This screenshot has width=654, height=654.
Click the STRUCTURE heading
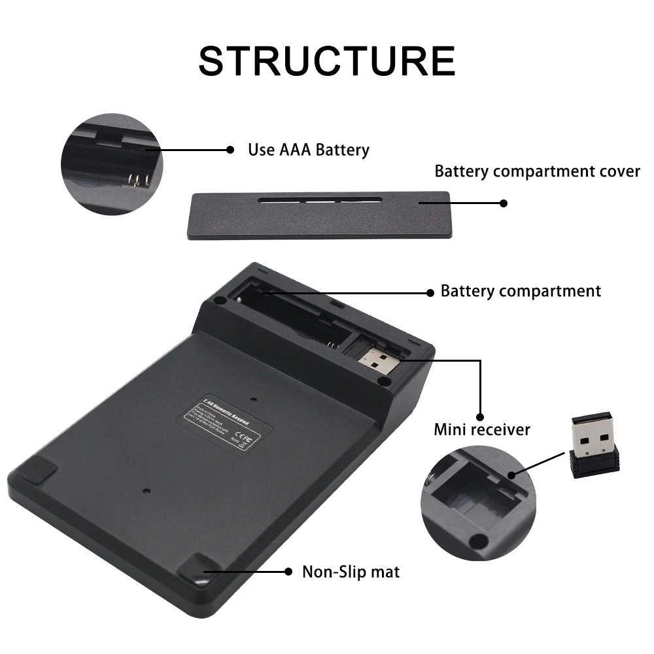point(326,61)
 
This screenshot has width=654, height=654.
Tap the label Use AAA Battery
point(308,150)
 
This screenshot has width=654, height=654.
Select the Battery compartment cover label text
point(537,171)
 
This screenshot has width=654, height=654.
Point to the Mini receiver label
point(482,430)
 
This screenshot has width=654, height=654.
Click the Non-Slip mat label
point(351,572)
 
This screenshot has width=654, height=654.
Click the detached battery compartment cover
point(318,214)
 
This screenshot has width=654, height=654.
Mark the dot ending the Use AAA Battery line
point(230,150)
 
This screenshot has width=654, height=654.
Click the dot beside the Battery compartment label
point(430,292)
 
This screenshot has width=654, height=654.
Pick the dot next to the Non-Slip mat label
point(288,572)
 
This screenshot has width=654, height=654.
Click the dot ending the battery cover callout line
point(503,203)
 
